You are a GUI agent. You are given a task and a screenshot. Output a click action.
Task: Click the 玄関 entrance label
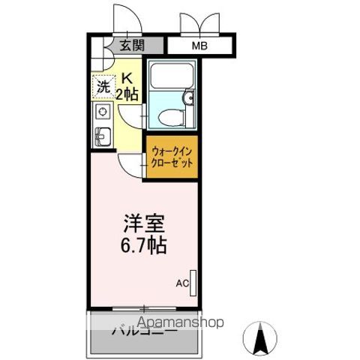132,46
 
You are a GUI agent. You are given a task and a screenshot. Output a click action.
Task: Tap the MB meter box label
199,46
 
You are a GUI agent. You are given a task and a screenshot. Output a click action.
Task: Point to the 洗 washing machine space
101,86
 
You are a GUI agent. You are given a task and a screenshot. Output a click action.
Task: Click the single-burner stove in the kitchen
103,113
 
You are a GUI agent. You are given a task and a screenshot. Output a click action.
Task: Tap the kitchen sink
103,136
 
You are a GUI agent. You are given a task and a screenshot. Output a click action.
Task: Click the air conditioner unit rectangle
193,282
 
